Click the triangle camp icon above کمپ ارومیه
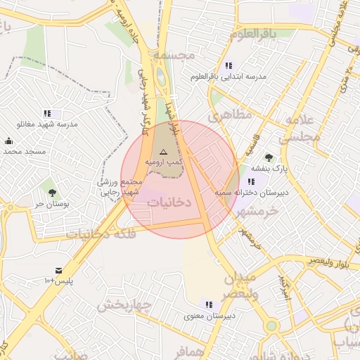[x=163, y=152]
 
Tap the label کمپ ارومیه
[x=163, y=162]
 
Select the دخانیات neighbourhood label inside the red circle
[x=169, y=201]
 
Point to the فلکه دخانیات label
[x=98, y=233]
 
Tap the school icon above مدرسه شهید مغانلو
[x=47, y=113]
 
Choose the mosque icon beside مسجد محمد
[x=8, y=141]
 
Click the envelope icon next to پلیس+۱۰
[x=58, y=271]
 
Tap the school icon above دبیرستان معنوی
[x=208, y=304]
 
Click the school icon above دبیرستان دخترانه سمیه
[x=251, y=182]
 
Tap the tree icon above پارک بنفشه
[x=268, y=157]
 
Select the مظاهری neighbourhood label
[x=229, y=114]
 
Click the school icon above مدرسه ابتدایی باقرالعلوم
[x=229, y=65]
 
